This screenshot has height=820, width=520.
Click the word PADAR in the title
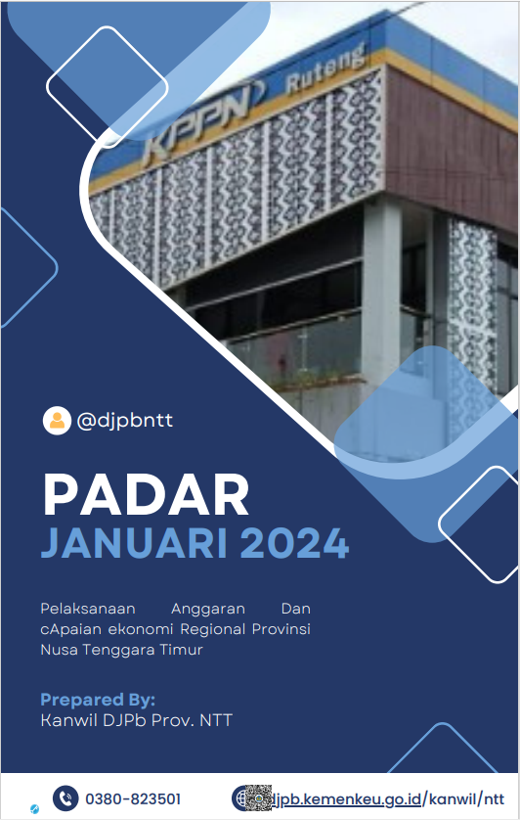(146, 495)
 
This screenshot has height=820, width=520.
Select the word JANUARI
(134, 543)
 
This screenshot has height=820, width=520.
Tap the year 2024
(294, 543)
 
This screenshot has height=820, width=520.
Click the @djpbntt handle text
(124, 421)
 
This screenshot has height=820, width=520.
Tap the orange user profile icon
(57, 421)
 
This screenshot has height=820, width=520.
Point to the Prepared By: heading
(98, 700)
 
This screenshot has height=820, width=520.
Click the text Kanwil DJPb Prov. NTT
(137, 720)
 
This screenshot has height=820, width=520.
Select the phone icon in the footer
(65, 798)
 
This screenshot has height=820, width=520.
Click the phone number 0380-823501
(133, 799)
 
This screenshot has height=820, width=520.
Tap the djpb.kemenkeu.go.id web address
(346, 799)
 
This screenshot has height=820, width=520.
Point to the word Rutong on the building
(325, 70)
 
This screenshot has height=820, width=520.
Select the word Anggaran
(208, 609)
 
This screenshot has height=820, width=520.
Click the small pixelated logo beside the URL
(259, 798)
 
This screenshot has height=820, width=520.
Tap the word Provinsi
(282, 629)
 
